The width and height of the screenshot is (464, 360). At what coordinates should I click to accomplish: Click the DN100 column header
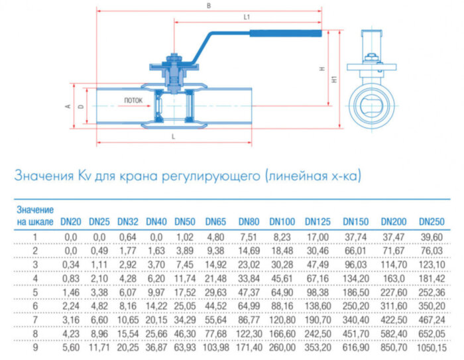[x=282, y=221]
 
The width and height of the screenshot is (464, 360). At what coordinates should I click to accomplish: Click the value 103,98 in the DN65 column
[x=217, y=349]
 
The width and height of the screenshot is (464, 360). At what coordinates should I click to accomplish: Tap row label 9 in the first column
[x=36, y=349]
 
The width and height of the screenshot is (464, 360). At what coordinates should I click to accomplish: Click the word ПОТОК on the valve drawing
[x=133, y=101]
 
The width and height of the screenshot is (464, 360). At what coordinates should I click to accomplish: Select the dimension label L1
[x=247, y=16]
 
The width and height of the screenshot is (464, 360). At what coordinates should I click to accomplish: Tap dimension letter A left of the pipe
[x=68, y=105]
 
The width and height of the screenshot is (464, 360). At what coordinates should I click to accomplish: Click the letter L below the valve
[x=173, y=135]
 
